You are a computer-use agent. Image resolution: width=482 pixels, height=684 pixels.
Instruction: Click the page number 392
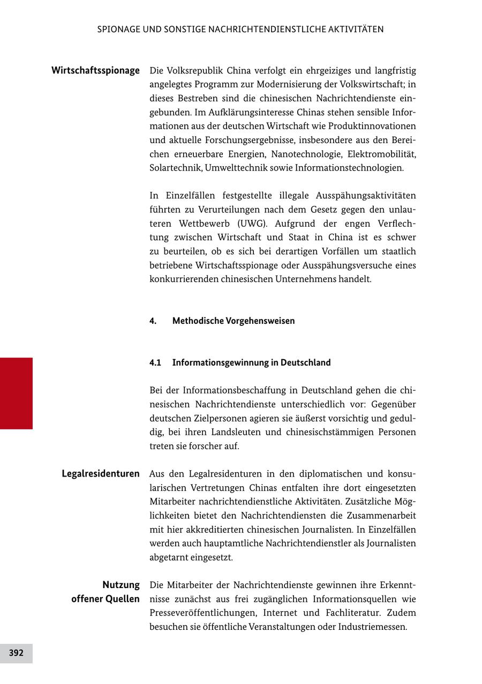16,653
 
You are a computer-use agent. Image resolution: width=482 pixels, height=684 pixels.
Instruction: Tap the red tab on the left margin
16,393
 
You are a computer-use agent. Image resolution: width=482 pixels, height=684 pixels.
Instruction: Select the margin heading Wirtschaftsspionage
95,70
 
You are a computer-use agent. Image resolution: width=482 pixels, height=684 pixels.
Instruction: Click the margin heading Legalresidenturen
101,474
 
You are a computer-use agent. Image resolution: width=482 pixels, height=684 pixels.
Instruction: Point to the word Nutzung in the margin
121,585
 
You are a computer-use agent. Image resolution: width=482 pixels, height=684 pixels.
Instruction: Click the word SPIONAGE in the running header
119,29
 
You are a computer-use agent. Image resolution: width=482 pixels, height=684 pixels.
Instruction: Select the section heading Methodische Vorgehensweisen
234,321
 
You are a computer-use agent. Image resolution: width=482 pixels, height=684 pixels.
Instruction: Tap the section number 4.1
155,363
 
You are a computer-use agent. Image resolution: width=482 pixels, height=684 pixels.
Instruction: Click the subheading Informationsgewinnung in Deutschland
251,363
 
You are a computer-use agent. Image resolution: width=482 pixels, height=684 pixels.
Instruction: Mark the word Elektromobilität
382,154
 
